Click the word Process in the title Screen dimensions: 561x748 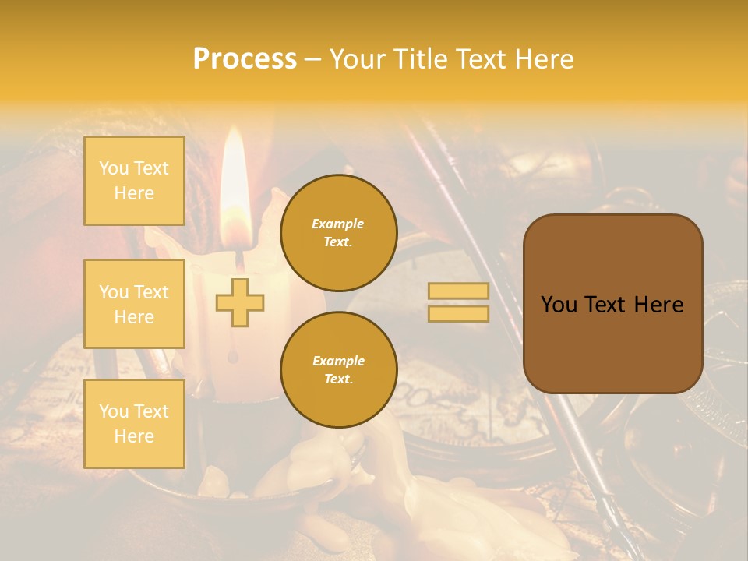(245, 59)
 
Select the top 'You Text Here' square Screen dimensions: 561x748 (134, 181)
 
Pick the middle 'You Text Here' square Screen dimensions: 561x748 (134, 304)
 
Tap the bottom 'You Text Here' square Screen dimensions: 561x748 (134, 424)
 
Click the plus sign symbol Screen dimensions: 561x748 (239, 302)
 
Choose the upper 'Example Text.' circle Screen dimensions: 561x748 (338, 233)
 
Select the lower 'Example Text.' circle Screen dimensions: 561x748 (338, 370)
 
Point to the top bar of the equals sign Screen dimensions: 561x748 (459, 291)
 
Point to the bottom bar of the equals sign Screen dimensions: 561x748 (459, 314)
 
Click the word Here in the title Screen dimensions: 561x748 (545, 59)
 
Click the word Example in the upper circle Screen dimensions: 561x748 (338, 224)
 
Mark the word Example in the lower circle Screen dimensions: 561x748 (338, 361)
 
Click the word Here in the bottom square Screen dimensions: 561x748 (134, 436)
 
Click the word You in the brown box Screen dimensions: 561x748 (559, 305)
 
